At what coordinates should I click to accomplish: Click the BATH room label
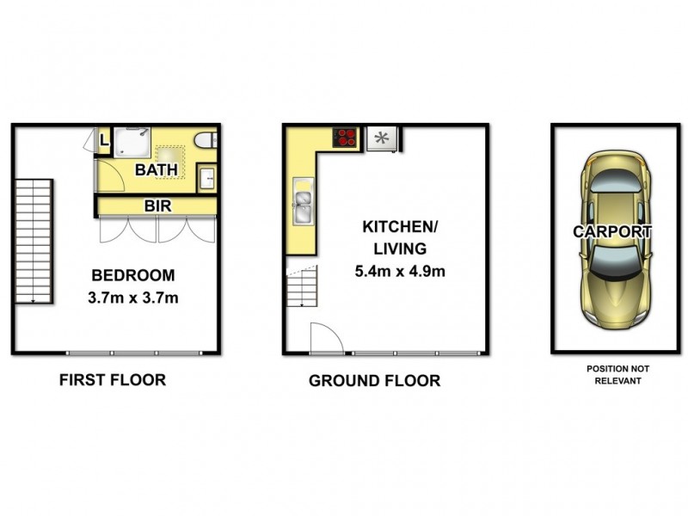click(156, 169)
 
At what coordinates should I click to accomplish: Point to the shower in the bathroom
click(135, 143)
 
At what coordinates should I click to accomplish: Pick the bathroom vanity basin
click(208, 179)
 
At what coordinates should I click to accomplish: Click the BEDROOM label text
click(133, 276)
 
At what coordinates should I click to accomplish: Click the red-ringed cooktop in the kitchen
click(347, 137)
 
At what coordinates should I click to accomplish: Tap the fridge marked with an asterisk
click(381, 138)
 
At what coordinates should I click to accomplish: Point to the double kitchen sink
click(304, 201)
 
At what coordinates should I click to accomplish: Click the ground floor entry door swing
click(324, 337)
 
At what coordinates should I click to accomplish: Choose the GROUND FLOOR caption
click(374, 380)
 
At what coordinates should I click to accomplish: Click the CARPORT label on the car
click(612, 231)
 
